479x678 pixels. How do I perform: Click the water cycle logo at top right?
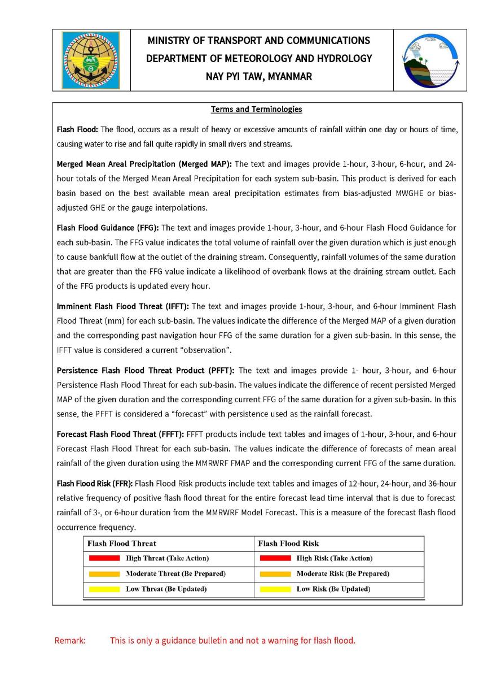pyautogui.click(x=430, y=60)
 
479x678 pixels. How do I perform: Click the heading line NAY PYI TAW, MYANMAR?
pyautogui.click(x=259, y=76)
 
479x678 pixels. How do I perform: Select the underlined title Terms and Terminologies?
pyautogui.click(x=256, y=109)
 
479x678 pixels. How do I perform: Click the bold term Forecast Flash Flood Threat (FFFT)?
pyautogui.click(x=120, y=434)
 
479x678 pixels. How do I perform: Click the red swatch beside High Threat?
pyautogui.click(x=104, y=558)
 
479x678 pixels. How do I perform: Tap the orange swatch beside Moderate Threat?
pyautogui.click(x=104, y=573)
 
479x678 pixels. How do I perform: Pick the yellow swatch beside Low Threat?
pyautogui.click(x=104, y=589)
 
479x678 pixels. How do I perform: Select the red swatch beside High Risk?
pyautogui.click(x=275, y=558)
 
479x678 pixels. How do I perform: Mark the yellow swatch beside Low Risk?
pyautogui.click(x=275, y=589)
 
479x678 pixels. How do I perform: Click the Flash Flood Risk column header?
pyautogui.click(x=288, y=544)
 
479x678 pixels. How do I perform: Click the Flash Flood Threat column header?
pyautogui.click(x=122, y=544)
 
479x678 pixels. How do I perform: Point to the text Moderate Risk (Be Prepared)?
pyautogui.click(x=342, y=573)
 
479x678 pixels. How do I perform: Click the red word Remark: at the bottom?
pyautogui.click(x=70, y=641)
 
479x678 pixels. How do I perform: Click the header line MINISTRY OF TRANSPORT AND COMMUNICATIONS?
pyautogui.click(x=259, y=41)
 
